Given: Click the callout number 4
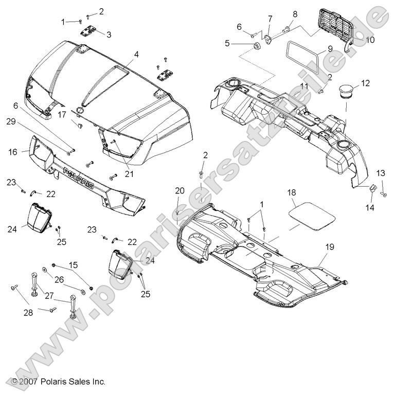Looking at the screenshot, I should click(x=136, y=54).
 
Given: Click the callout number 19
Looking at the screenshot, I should click(x=329, y=247).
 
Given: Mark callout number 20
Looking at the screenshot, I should click(x=180, y=190).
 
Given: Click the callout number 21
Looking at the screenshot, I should click(x=129, y=174).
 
